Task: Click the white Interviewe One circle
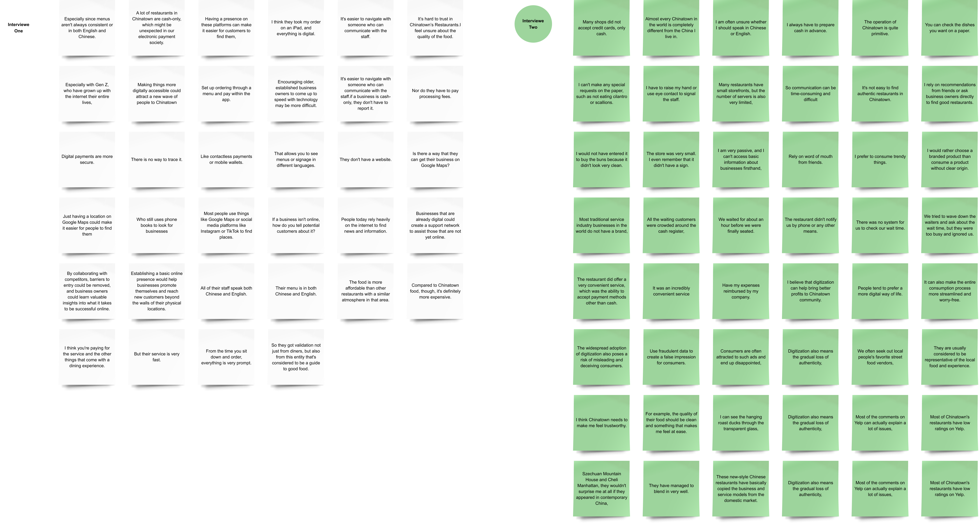pyautogui.click(x=19, y=28)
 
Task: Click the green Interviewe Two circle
pyautogui.click(x=533, y=24)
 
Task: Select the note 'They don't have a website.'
pyautogui.click(x=365, y=159)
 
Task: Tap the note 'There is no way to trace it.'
pyautogui.click(x=157, y=159)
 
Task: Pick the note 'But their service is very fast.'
pyautogui.click(x=157, y=357)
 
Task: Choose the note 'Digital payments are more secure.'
pyautogui.click(x=87, y=159)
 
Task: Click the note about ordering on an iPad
pyautogui.click(x=296, y=28)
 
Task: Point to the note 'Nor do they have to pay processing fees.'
pyautogui.click(x=435, y=94)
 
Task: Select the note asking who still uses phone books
pyautogui.click(x=157, y=225)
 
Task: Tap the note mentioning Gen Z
pyautogui.click(x=87, y=94)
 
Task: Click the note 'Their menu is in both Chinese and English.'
pyautogui.click(x=296, y=291)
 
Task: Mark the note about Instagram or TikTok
pyautogui.click(x=226, y=225)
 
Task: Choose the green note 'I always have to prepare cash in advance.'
pyautogui.click(x=810, y=28)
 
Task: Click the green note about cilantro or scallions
pyautogui.click(x=601, y=94)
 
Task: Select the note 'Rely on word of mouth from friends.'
pyautogui.click(x=810, y=159)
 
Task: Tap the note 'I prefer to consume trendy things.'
pyautogui.click(x=880, y=159)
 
